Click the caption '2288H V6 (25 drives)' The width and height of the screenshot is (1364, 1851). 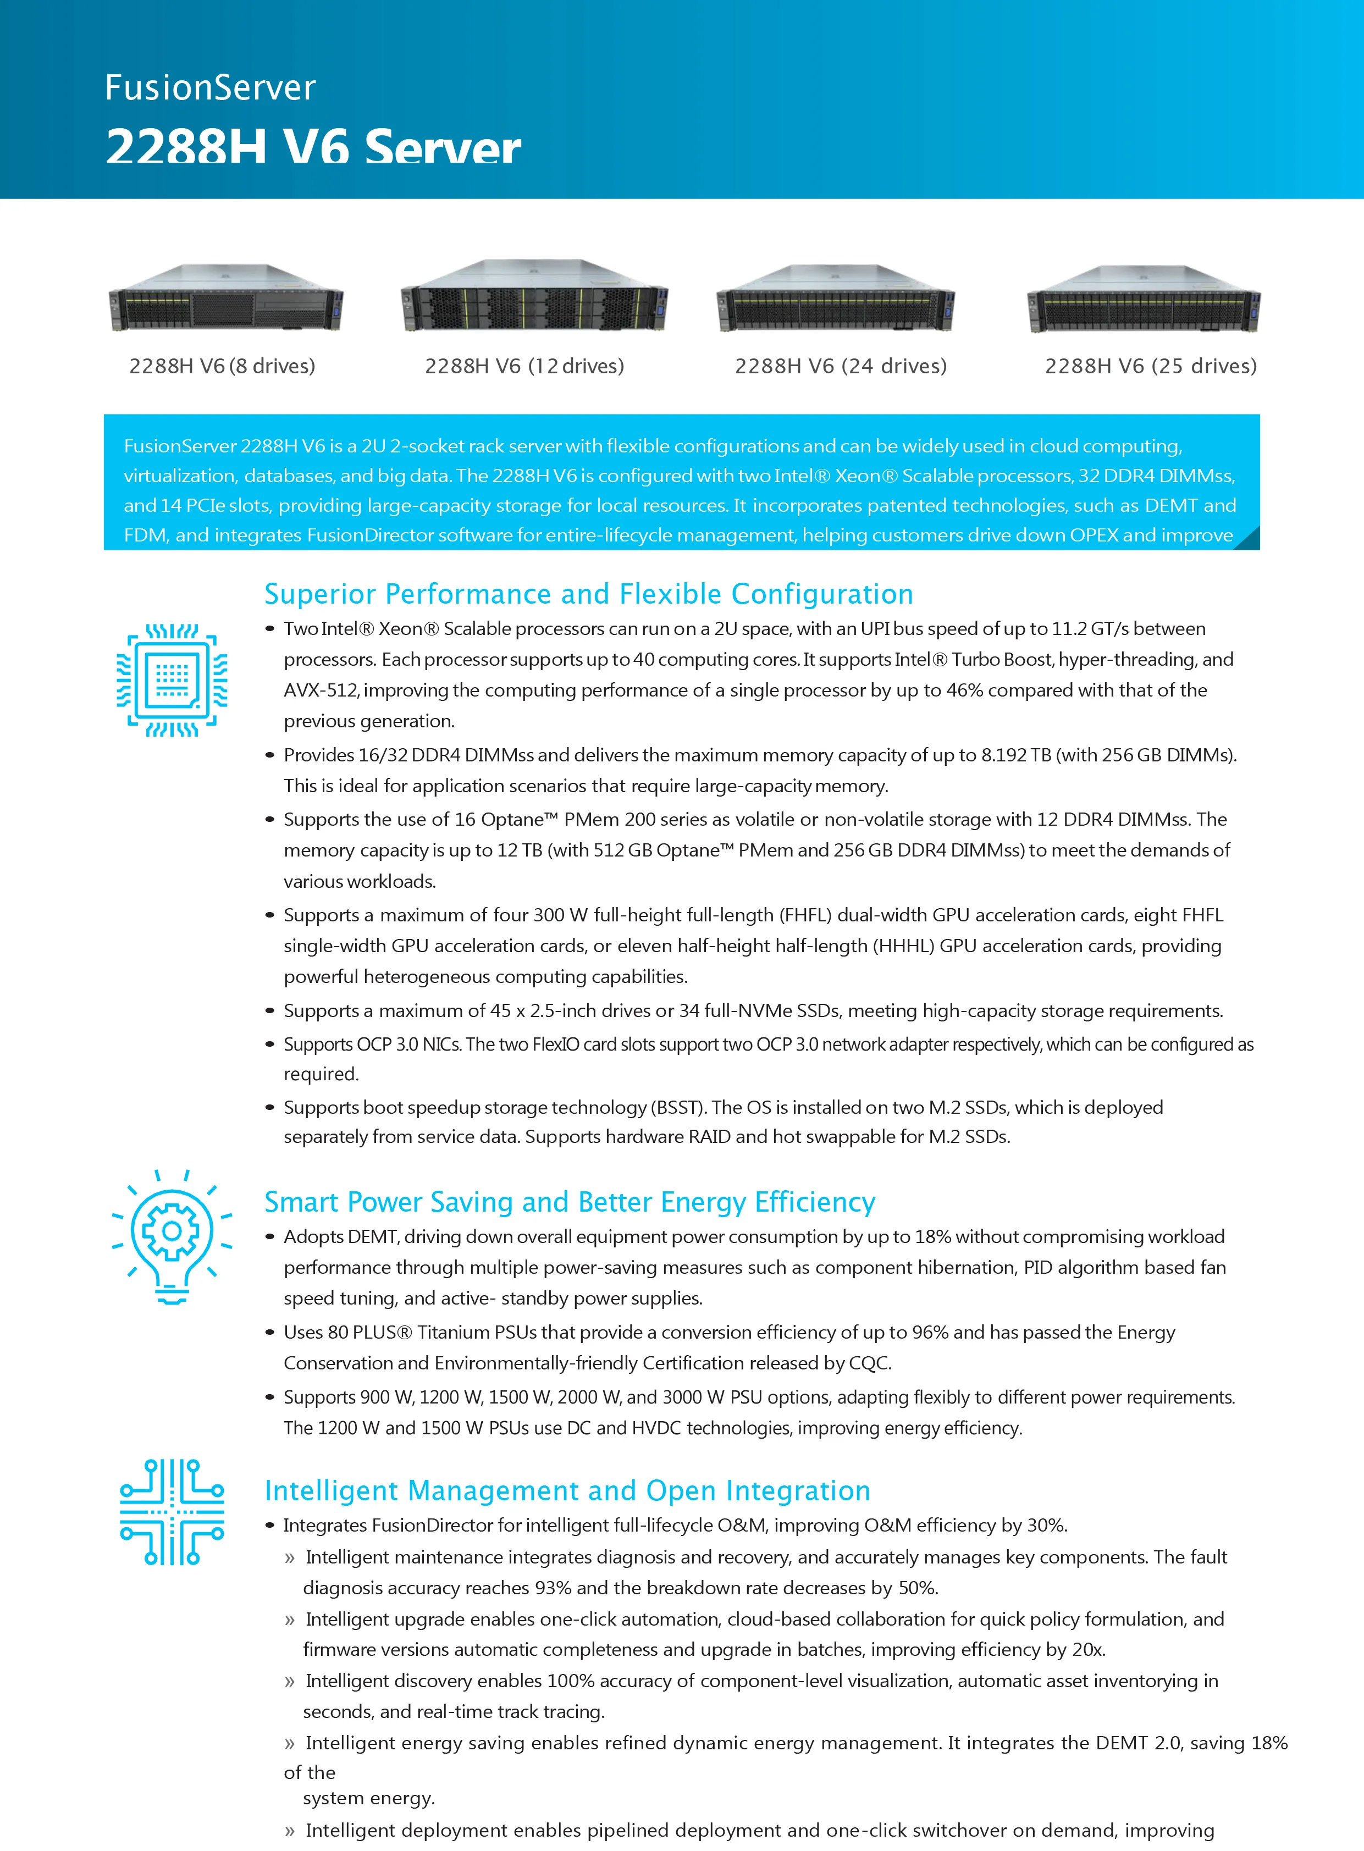[1150, 366]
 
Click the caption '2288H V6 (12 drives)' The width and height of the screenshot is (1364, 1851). [524, 366]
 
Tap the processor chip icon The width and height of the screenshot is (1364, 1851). [172, 679]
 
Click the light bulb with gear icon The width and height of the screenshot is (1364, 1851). [172, 1236]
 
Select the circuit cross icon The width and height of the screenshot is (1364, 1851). [172, 1512]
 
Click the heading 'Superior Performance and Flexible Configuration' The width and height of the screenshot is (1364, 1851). [589, 594]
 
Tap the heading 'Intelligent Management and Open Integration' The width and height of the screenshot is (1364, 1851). [567, 1490]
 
